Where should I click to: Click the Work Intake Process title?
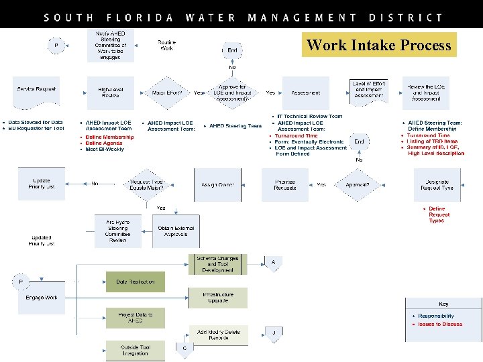(378, 46)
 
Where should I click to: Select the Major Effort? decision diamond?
(168, 93)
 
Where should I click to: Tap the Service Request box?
(37, 91)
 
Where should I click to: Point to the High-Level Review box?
(110, 93)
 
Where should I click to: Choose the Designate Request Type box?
(436, 184)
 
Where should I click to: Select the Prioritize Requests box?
(285, 184)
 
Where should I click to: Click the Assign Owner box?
(217, 184)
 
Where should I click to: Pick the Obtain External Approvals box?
(175, 231)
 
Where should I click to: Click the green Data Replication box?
(135, 282)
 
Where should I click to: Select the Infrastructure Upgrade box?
(218, 297)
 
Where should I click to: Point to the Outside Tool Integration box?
(135, 350)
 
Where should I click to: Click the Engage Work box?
(41, 298)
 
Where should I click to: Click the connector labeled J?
(273, 333)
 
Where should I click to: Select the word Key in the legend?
(443, 304)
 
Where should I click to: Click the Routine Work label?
(167, 46)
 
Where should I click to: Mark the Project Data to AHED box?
(135, 318)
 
